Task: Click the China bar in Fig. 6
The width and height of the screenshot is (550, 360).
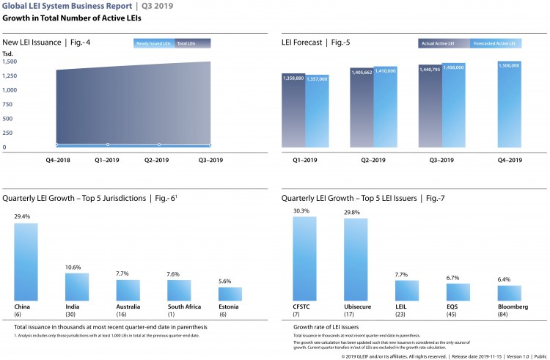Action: point(26,261)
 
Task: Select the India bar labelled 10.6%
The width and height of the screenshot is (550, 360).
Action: point(77,287)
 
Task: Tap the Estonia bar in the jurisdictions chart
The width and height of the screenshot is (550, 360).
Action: point(230,293)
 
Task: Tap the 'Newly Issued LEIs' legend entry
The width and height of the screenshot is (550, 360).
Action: point(153,43)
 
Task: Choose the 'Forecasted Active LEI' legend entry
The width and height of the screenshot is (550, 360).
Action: point(496,43)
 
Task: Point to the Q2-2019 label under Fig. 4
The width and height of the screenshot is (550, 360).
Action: point(158,159)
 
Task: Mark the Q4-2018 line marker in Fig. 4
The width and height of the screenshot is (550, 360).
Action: point(56,144)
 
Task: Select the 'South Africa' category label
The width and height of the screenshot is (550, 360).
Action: point(179,306)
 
